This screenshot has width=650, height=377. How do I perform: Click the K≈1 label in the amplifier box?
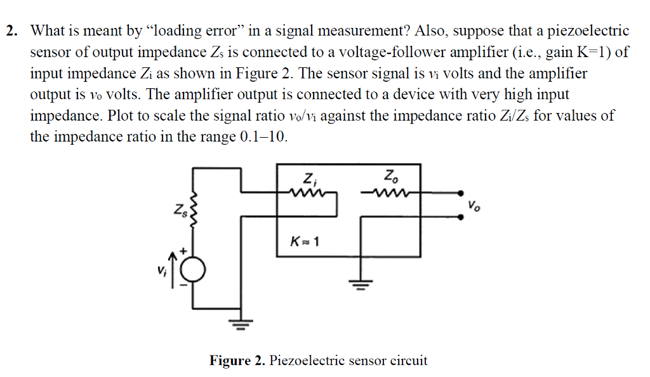tap(303, 241)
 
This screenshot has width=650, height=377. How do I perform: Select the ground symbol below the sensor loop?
tap(241, 326)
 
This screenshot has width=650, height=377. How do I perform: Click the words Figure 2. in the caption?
tap(237, 360)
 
